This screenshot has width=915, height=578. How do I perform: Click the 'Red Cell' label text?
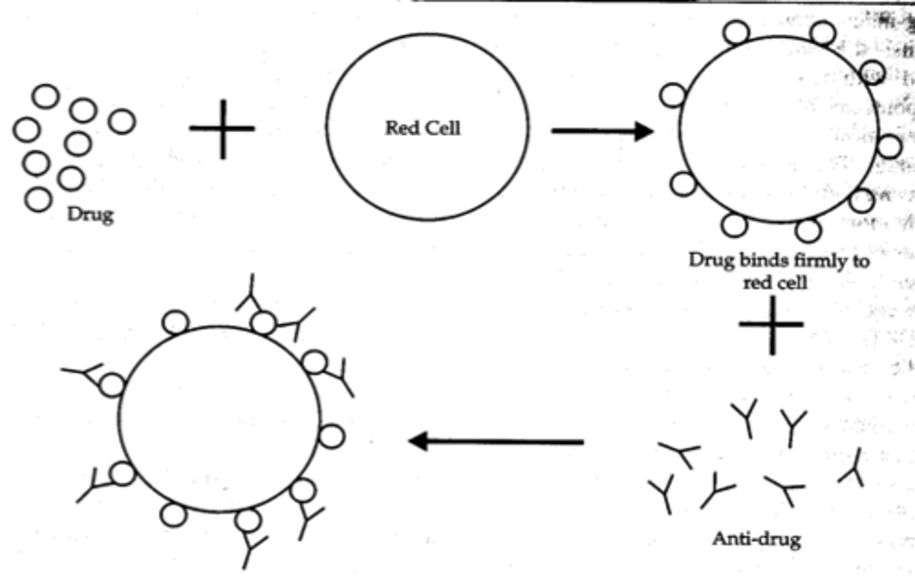423,128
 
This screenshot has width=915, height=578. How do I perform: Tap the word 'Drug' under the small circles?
90,214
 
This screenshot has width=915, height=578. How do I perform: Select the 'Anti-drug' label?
756,539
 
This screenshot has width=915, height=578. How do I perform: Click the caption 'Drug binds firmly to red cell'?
778,271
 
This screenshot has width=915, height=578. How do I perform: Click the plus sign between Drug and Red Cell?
222,128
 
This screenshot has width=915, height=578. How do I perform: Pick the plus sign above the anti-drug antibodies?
771,325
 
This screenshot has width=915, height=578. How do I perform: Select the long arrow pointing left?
496,441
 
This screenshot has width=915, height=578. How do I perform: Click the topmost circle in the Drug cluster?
46,97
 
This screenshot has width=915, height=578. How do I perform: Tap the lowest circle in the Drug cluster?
38,199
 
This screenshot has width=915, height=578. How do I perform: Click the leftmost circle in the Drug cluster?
26,130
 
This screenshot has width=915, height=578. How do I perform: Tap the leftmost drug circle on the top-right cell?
673,96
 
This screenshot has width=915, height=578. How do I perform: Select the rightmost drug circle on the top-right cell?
889,147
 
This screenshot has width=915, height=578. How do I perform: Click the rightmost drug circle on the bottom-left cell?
331,437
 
